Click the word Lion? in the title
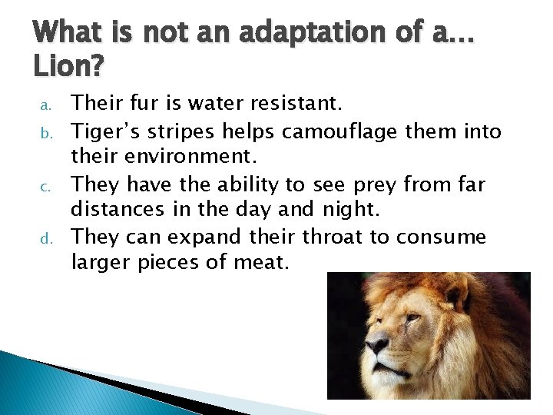pyautogui.click(x=68, y=68)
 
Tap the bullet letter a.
pyautogui.click(x=45, y=103)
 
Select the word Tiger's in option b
pyautogui.click(x=106, y=132)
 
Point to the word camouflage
pyautogui.click(x=338, y=133)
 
